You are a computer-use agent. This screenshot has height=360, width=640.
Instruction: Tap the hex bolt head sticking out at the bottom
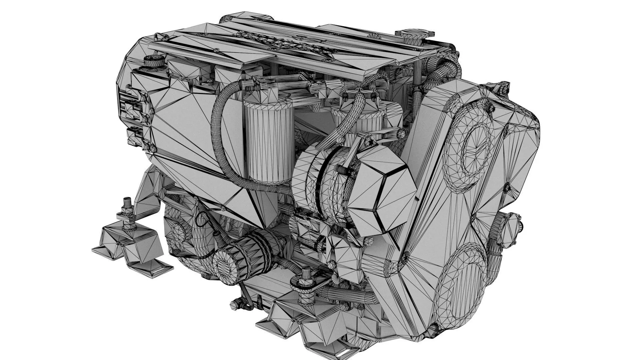click(235, 304)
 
